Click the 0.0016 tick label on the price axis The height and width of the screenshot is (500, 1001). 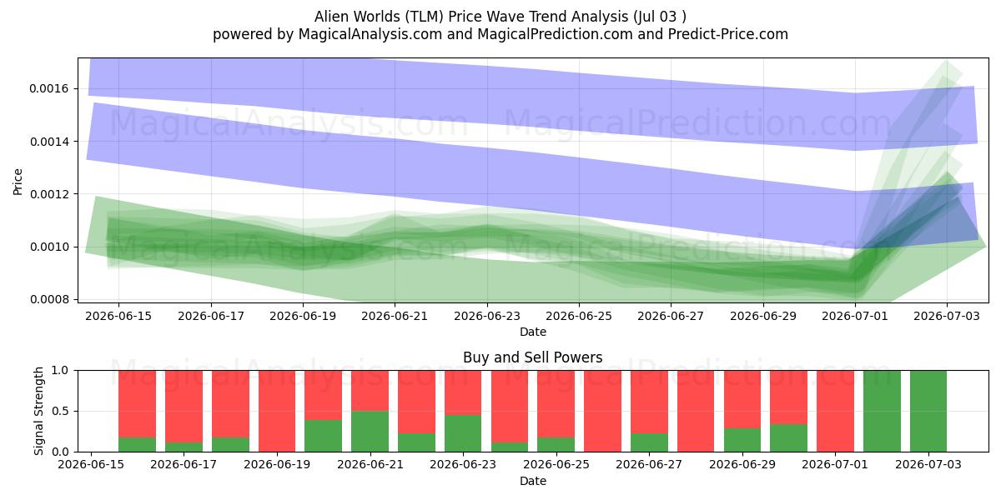tap(49, 89)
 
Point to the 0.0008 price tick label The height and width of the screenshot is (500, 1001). tap(49, 299)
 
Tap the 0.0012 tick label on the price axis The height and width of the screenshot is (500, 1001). tap(49, 194)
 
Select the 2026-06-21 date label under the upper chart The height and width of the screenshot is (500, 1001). tap(395, 316)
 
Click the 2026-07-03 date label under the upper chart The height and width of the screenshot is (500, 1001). tap(947, 316)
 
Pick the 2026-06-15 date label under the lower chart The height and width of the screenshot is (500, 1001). tap(91, 464)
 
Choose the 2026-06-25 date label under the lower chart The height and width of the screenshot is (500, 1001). tap(556, 464)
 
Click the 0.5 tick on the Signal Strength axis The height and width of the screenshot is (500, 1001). tap(60, 411)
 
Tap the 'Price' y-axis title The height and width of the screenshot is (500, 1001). tap(18, 182)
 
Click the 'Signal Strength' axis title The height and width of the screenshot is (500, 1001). tap(38, 411)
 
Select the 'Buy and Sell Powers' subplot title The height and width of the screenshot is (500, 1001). tap(533, 357)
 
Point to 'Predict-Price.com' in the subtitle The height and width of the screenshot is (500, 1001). tap(728, 34)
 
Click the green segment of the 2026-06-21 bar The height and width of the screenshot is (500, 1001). tap(370, 432)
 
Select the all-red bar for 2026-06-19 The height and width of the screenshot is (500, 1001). tap(277, 411)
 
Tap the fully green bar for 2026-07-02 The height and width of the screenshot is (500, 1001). tap(883, 411)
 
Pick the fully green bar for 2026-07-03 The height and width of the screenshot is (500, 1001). tap(928, 411)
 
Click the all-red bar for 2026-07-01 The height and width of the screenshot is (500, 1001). tap(835, 411)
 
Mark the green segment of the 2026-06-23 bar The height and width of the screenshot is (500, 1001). tap(463, 433)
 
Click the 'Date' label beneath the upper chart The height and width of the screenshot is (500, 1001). tap(533, 332)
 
